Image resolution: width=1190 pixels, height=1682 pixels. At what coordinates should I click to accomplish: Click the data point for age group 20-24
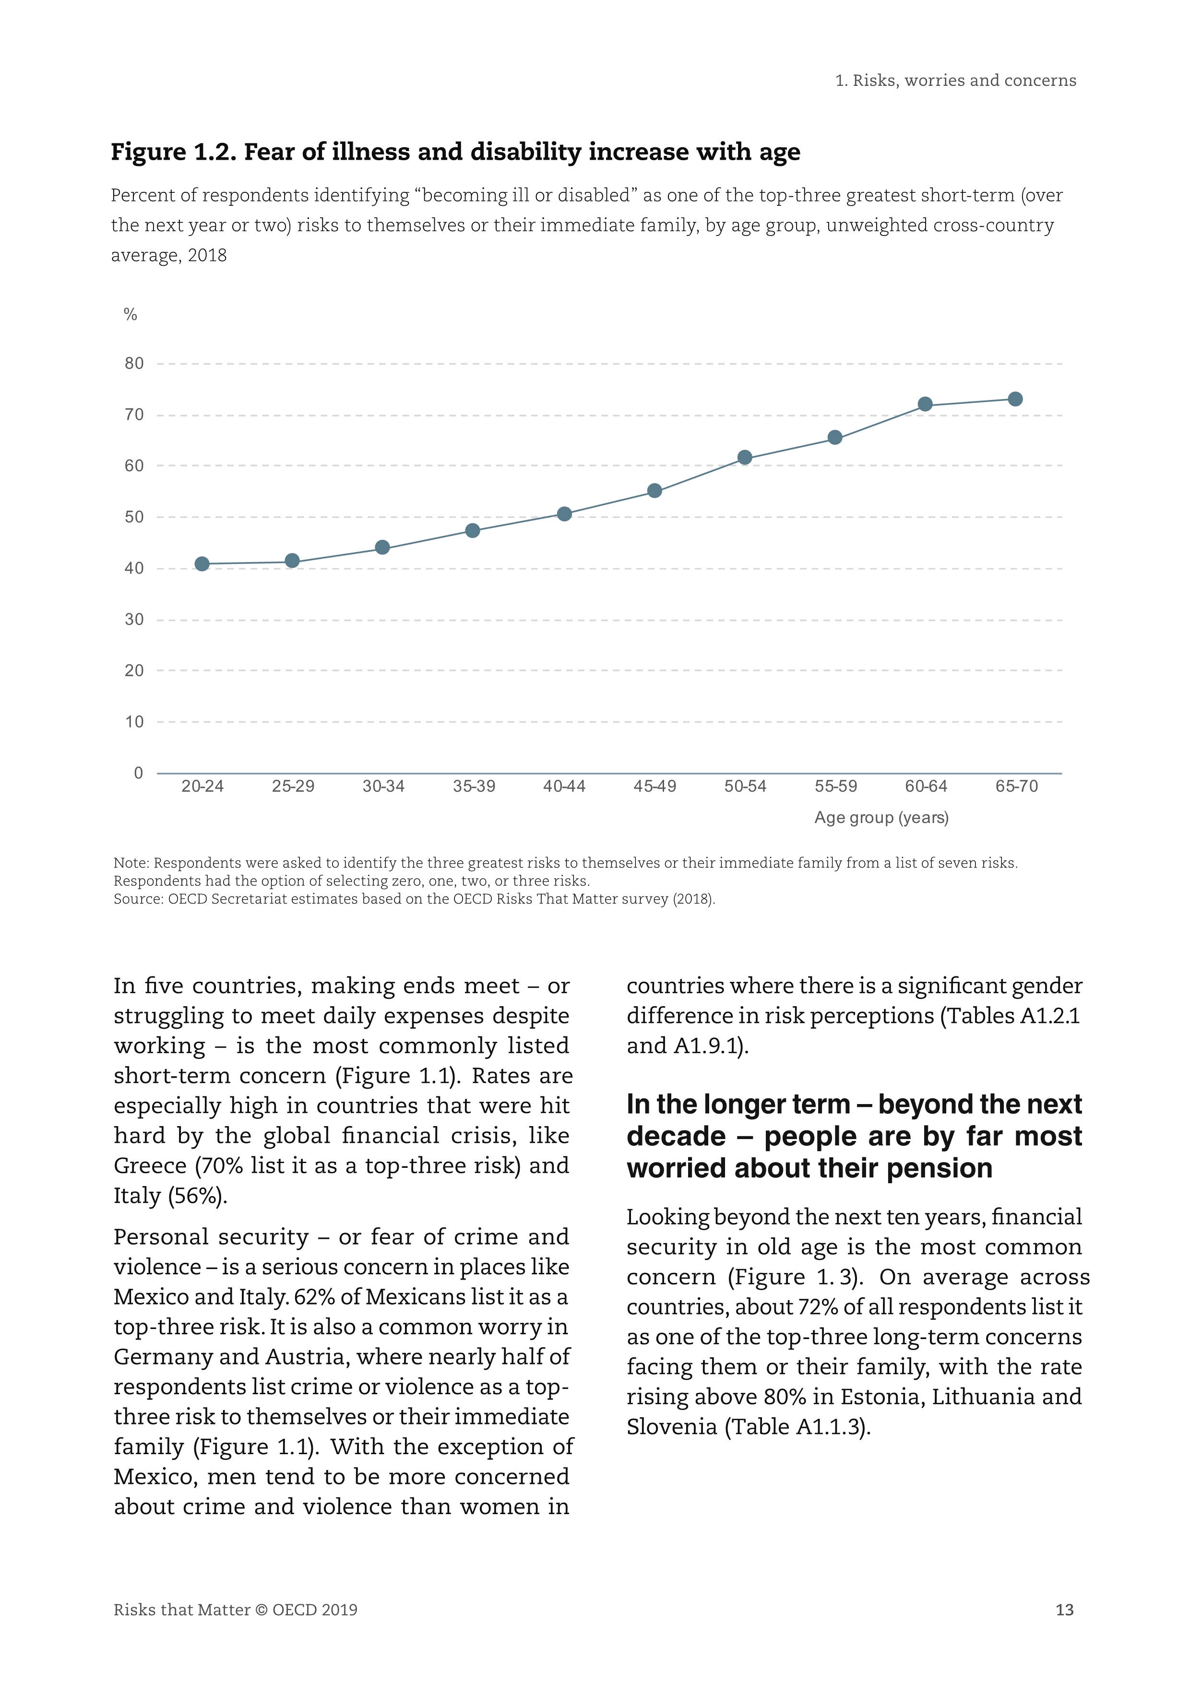coord(202,564)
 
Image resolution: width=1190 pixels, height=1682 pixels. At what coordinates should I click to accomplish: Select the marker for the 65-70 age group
coord(1016,399)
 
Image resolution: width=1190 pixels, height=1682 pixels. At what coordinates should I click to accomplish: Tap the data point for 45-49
coord(655,491)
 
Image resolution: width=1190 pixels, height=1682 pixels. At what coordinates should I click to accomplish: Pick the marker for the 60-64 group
coord(926,404)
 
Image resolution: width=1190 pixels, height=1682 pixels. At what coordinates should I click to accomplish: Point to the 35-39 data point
coord(473,530)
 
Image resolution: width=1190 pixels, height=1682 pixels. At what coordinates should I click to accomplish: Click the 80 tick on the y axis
coord(134,364)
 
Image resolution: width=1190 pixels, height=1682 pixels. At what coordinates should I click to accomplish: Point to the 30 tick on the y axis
coord(134,620)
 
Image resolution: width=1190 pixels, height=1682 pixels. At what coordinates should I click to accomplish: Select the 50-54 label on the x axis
coord(745,787)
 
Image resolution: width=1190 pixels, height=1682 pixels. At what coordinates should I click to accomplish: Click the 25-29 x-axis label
coord(293,787)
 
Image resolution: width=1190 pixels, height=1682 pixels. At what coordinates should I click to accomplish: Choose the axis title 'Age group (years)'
coord(881,818)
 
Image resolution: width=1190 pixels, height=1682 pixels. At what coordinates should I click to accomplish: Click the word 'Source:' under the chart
coord(139,899)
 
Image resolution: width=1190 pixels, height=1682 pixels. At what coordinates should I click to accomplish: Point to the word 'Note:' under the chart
coord(132,863)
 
